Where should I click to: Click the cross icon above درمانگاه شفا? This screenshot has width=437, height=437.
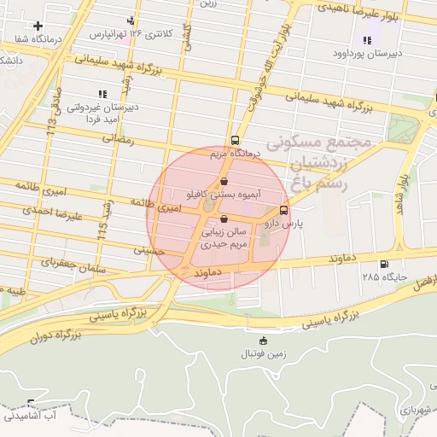(38, 26)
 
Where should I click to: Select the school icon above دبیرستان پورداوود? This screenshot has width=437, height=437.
(367, 40)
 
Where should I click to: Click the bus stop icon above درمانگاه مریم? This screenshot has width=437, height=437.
(235, 142)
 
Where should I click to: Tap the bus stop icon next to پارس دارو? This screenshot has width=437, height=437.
(283, 210)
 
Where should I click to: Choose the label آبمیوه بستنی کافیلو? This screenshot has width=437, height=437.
(224, 195)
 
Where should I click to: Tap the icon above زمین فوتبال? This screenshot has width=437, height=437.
(262, 341)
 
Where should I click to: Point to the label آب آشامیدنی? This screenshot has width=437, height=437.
(30, 416)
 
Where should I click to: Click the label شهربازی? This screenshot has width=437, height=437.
(417, 411)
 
